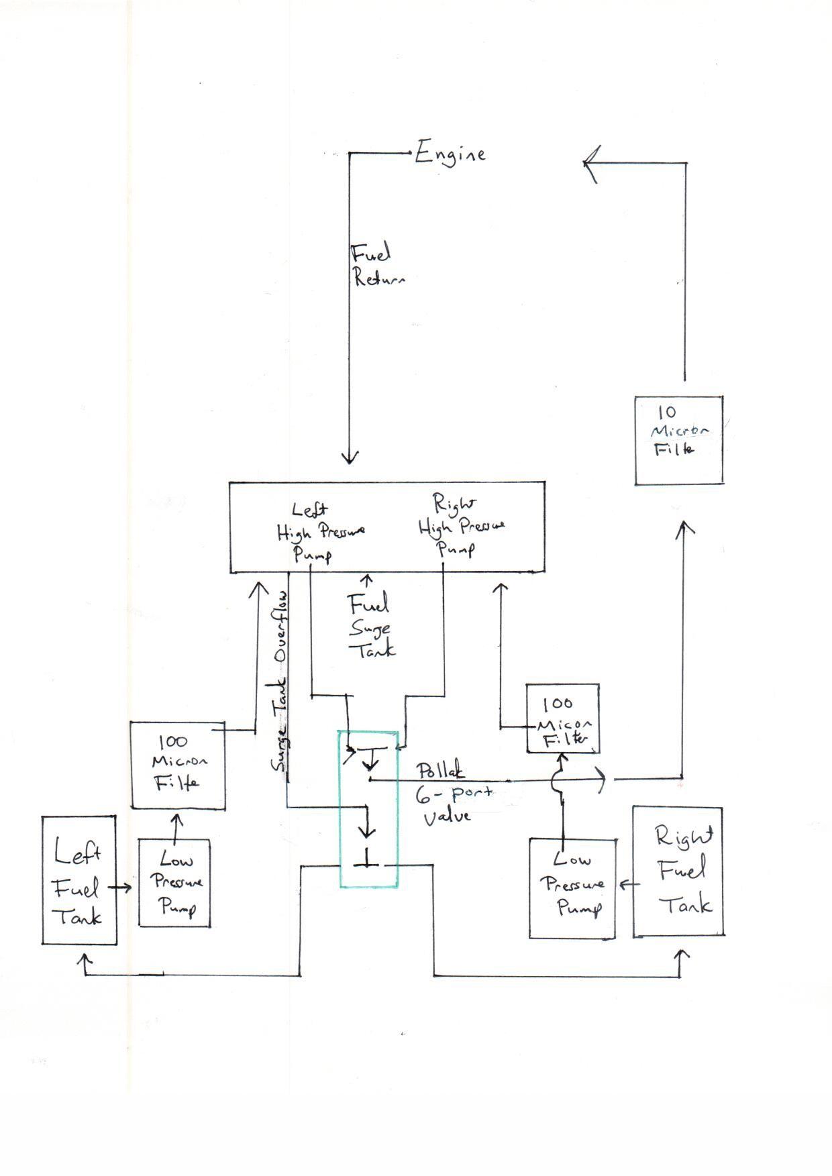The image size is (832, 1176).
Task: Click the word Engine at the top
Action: (450, 154)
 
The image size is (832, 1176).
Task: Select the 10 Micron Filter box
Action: (678, 440)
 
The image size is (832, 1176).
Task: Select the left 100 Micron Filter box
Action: (178, 765)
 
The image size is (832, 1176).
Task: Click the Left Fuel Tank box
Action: (79, 880)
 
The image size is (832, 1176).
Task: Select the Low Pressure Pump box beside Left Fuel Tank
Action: (174, 883)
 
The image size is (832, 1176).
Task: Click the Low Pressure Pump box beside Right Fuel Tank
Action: (572, 888)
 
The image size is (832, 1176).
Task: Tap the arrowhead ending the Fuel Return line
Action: (350, 458)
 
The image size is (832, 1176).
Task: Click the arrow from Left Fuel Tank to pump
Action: (121, 888)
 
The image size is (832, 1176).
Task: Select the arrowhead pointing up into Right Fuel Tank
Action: (682, 955)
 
